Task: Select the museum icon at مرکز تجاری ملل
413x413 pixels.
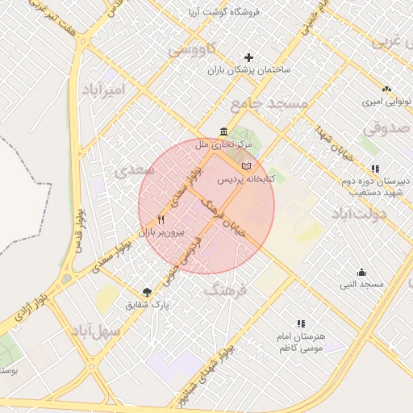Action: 223,132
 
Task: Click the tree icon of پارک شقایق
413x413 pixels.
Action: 147,292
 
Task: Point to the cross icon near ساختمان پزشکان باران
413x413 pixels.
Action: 249,58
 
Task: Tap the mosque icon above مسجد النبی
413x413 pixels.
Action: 361,273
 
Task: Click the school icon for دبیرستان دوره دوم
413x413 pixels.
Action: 375,169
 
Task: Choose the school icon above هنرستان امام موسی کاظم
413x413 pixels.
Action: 301,323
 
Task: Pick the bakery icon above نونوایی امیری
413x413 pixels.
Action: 387,90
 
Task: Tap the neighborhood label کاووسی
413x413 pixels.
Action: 192,50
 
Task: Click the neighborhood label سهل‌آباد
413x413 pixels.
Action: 95,331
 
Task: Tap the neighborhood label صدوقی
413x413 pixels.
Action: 386,128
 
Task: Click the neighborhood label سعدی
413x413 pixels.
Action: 131,171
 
